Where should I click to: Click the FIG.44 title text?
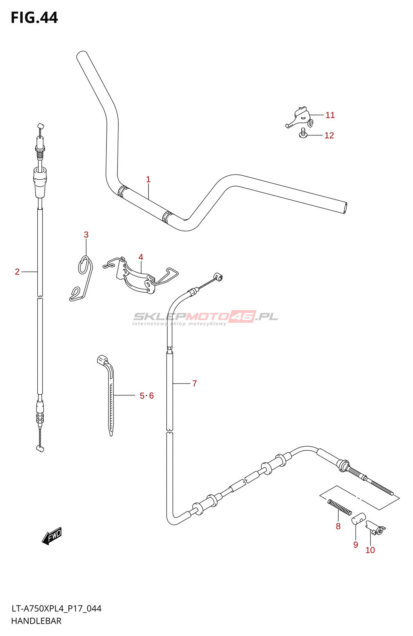pyautogui.click(x=34, y=18)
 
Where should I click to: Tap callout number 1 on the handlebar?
pyautogui.click(x=148, y=180)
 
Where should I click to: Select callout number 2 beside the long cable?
pyautogui.click(x=17, y=272)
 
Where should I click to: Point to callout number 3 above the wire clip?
pyautogui.click(x=86, y=235)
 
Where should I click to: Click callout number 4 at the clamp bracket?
pyautogui.click(x=141, y=258)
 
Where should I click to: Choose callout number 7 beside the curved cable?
pyautogui.click(x=195, y=384)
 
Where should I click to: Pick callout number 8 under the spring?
pyautogui.click(x=338, y=526)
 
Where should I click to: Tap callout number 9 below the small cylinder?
pyautogui.click(x=356, y=545)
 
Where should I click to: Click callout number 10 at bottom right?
pyautogui.click(x=370, y=550)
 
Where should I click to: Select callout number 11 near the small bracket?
pyautogui.click(x=330, y=115)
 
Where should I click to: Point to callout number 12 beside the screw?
pyautogui.click(x=329, y=136)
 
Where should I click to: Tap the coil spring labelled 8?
pyautogui.click(x=340, y=507)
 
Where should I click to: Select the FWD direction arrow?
pyautogui.click(x=52, y=536)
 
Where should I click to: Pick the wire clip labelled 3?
pyautogui.click(x=82, y=278)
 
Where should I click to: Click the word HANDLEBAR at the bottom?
pyautogui.click(x=36, y=621)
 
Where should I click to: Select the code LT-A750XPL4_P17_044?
pyautogui.click(x=56, y=609)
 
